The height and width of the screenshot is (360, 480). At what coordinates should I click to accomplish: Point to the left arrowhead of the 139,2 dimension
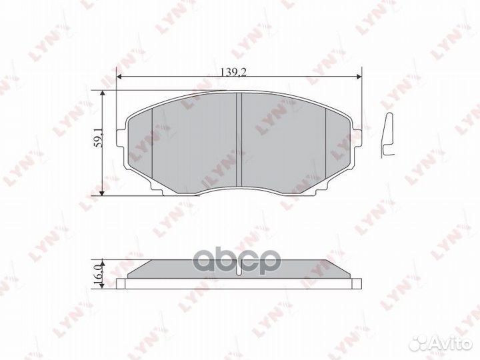(119, 77)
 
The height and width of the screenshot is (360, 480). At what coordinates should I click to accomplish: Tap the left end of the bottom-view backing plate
(121, 283)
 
